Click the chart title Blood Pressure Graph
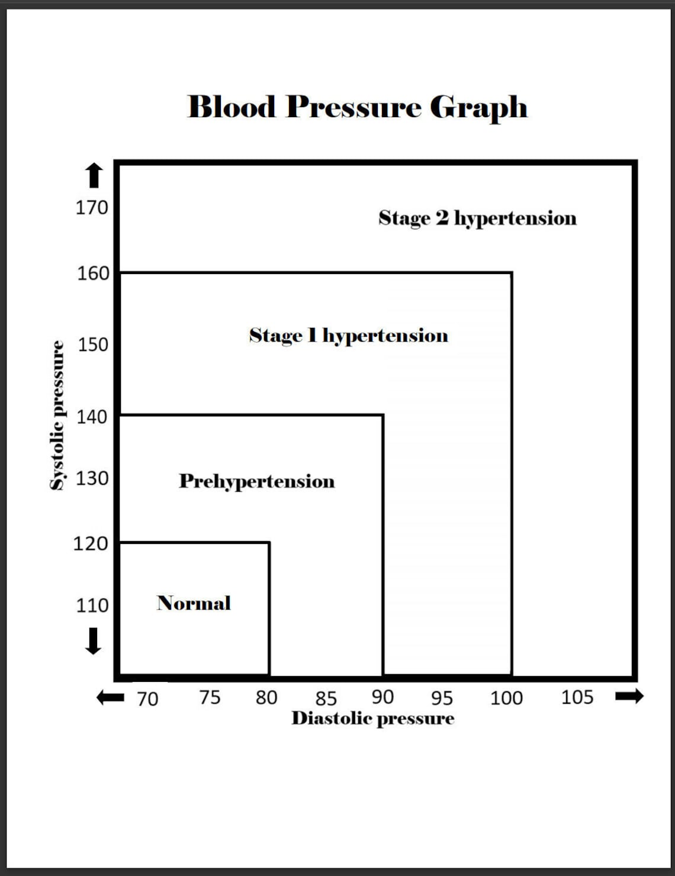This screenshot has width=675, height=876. pos(357,107)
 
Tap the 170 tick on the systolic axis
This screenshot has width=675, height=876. pos(92,208)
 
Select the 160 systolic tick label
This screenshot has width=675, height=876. pos(93,273)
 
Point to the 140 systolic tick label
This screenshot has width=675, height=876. pos(92,417)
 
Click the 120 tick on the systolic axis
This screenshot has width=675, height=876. pos(90,543)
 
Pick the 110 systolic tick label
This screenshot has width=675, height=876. pos(92,606)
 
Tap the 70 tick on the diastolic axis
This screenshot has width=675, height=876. pos(147,699)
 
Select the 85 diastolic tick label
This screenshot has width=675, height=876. pos(326,699)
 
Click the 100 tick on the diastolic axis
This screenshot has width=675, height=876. pos(506,698)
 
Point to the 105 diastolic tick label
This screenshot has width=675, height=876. pos(577,698)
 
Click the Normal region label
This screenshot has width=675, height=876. pos(194,603)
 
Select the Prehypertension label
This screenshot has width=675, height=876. pos(256,481)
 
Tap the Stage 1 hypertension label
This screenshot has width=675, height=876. pos(348,336)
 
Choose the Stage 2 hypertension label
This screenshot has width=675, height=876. pos(477,218)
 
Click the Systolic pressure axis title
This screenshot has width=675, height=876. pos(57,416)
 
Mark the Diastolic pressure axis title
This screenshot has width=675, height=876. pos(373,719)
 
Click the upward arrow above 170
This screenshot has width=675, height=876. pos(94,175)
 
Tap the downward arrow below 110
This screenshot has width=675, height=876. pos(93,641)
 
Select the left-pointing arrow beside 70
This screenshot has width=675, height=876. pos(110,698)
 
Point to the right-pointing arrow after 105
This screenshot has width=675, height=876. pos(629,696)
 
